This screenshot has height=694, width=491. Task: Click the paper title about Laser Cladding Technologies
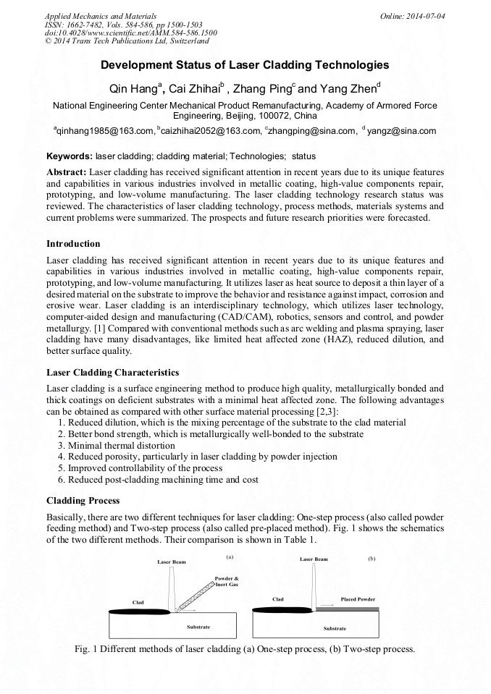pyautogui.click(x=245, y=65)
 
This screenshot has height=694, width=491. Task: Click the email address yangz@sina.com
pyautogui.click(x=402, y=131)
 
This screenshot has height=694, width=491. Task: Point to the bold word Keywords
pyautogui.click(x=69, y=156)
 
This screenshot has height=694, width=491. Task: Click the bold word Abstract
pyautogui.click(x=66, y=172)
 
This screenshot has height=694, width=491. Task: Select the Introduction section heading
pyautogui.click(x=73, y=243)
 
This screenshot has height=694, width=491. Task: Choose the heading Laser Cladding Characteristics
pyautogui.click(x=112, y=373)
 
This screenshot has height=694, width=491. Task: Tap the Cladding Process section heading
pyautogui.click(x=83, y=501)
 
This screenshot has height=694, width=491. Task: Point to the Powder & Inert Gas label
pyautogui.click(x=226, y=581)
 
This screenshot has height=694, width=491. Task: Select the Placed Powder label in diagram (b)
pyautogui.click(x=358, y=599)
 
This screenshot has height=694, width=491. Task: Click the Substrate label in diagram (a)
pyautogui.click(x=198, y=626)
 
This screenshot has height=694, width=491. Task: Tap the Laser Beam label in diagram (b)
pyautogui.click(x=314, y=559)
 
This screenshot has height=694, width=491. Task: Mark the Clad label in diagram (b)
pyautogui.click(x=278, y=599)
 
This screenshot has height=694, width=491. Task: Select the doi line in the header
pyautogui.click(x=130, y=33)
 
